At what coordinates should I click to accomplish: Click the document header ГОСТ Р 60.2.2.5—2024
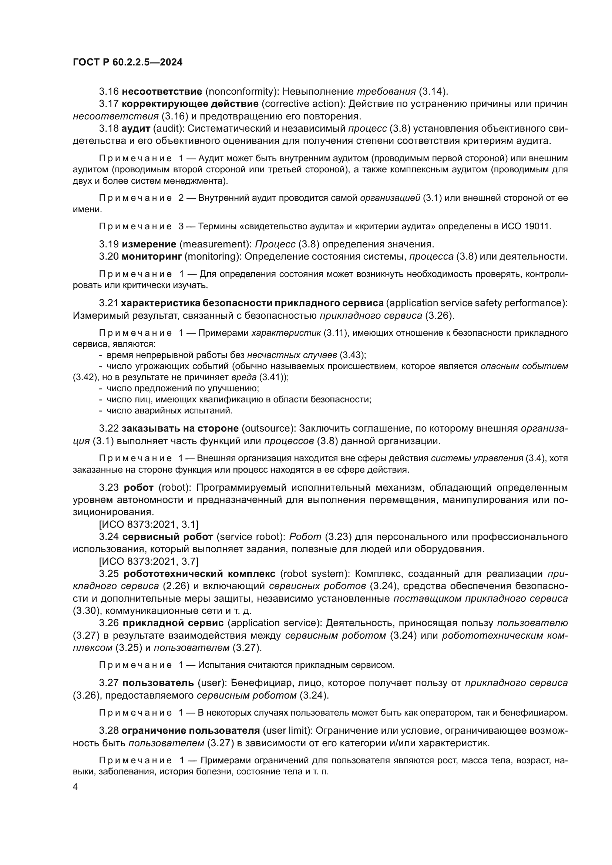127,62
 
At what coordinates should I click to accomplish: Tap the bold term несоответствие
162,92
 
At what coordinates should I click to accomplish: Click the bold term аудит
136,129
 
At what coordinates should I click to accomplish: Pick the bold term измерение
149,244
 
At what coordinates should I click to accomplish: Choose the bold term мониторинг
151,257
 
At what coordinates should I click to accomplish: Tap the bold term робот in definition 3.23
138,487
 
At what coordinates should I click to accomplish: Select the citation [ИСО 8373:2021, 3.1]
148,524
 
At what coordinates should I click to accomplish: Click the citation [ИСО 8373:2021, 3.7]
148,561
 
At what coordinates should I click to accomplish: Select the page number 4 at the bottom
75,787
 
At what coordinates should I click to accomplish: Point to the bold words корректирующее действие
190,104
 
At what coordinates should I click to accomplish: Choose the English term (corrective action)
302,104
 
